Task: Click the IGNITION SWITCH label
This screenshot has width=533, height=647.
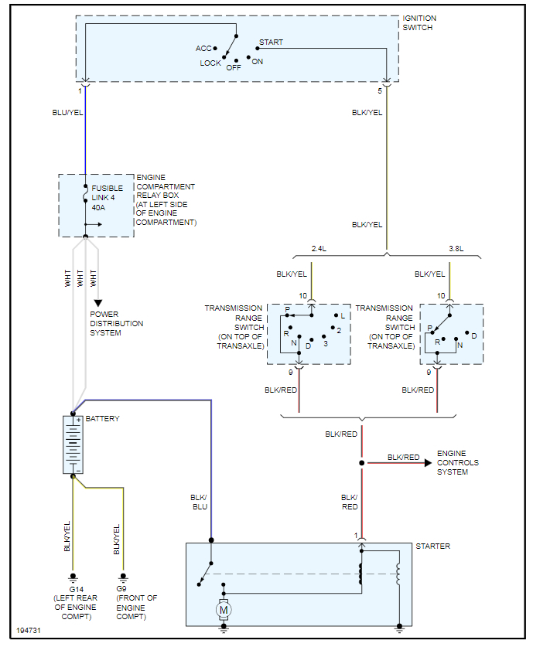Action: [x=419, y=22]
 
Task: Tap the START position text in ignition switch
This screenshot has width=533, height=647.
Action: [x=271, y=42]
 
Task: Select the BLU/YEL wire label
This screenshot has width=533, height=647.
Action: [x=67, y=113]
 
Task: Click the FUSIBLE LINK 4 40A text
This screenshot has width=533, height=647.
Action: [x=107, y=197]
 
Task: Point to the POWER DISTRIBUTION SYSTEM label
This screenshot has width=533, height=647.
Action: [x=116, y=323]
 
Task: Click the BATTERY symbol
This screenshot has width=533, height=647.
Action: [x=73, y=444]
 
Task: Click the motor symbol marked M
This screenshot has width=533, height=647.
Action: [x=224, y=611]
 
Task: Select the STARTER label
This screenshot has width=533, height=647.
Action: [x=432, y=547]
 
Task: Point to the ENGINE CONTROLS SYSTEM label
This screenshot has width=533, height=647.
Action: [x=458, y=462]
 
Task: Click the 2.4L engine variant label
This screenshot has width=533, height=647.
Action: [x=319, y=249]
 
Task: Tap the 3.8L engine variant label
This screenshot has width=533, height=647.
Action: [x=456, y=249]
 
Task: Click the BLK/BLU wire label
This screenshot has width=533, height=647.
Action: [x=199, y=502]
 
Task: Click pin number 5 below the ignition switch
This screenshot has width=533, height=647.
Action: [x=380, y=91]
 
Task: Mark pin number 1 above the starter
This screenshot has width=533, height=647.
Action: [x=357, y=536]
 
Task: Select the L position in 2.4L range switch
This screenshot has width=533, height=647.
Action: [x=342, y=315]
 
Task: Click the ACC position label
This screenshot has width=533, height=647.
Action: [x=203, y=49]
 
